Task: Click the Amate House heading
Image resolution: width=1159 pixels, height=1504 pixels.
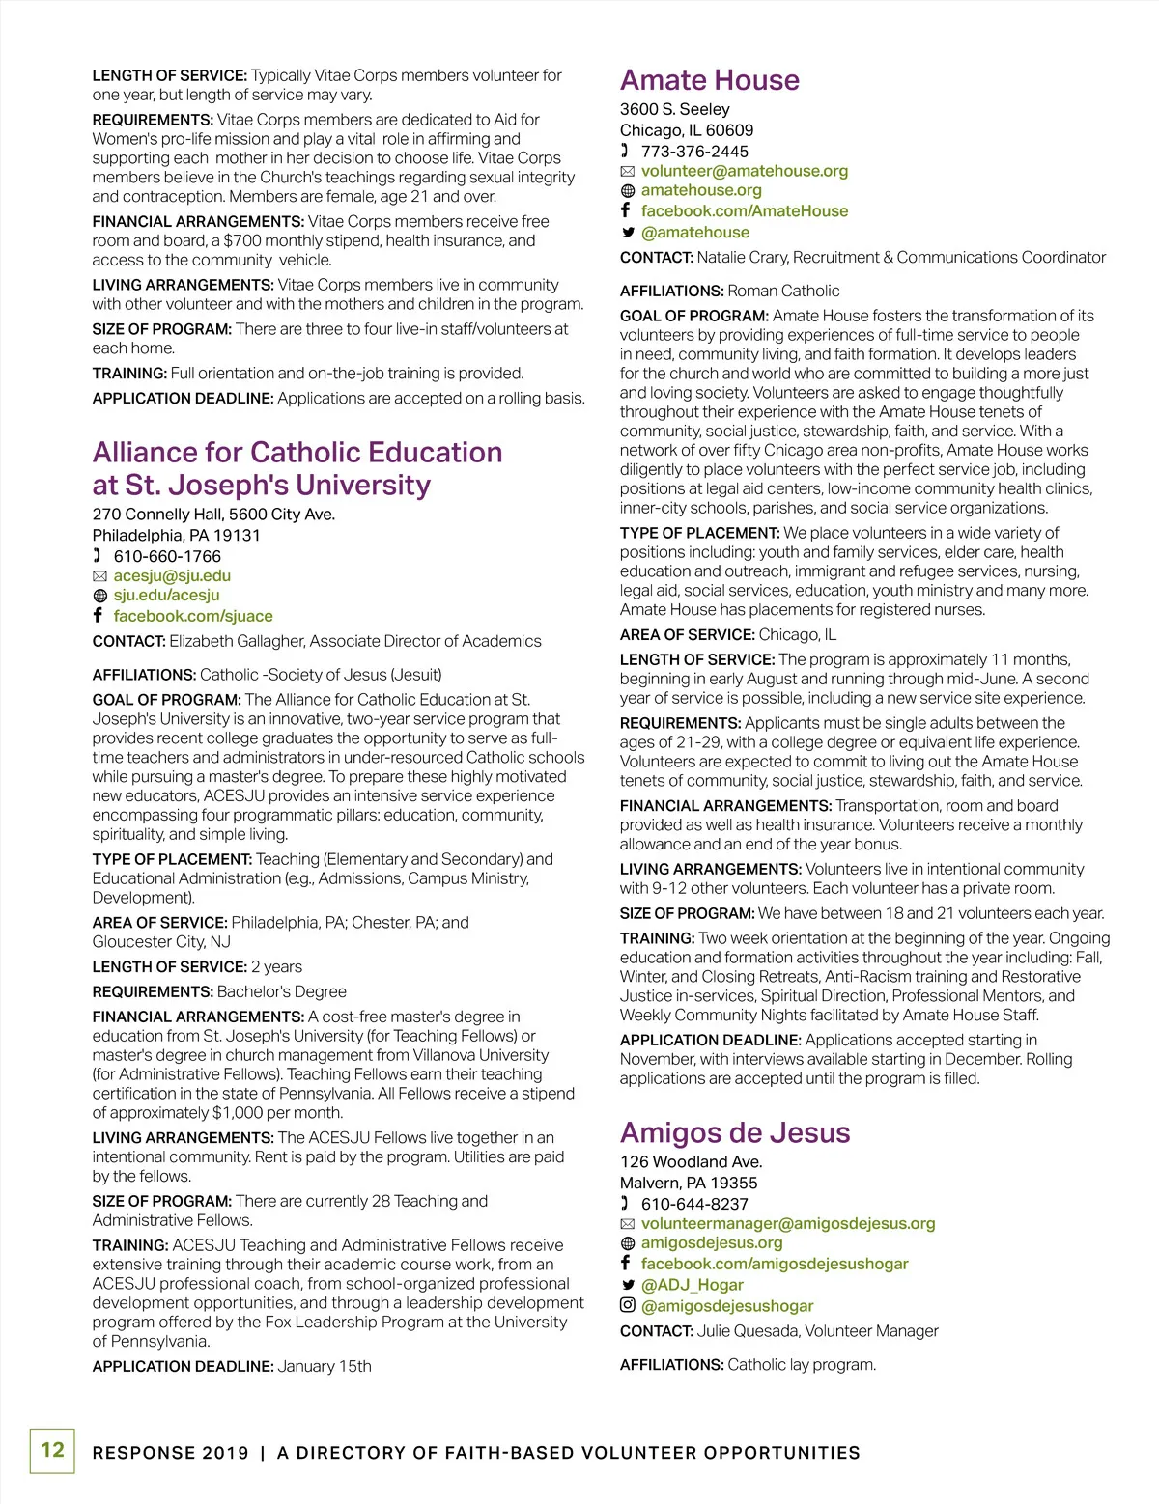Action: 710,80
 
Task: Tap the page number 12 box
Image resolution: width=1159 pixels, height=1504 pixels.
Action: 52,1450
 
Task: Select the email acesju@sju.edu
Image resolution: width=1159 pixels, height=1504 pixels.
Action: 172,576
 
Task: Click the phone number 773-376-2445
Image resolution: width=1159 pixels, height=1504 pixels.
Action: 694,152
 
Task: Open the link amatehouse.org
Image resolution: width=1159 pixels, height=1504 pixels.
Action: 701,190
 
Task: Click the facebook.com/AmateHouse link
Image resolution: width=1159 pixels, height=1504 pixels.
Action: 744,211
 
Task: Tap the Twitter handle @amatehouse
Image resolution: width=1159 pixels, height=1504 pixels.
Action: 694,233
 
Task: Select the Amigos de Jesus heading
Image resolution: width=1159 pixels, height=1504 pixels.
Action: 735,1132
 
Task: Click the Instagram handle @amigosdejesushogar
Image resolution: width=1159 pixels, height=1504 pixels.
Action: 727,1306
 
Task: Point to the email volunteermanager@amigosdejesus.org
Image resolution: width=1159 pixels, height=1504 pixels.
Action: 788,1224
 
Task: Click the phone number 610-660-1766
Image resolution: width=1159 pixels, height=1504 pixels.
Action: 167,557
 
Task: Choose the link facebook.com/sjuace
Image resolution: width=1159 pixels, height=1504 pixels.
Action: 193,616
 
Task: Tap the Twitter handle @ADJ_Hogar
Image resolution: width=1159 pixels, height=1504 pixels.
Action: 692,1285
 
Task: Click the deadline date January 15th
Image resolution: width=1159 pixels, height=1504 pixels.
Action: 325,1367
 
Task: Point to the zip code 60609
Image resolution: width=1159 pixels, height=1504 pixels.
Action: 729,130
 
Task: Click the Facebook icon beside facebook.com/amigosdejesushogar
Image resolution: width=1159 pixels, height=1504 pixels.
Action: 627,1263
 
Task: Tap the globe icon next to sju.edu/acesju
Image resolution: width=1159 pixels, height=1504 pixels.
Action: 99,597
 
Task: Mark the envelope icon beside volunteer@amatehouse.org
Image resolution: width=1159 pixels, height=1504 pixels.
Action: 628,172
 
